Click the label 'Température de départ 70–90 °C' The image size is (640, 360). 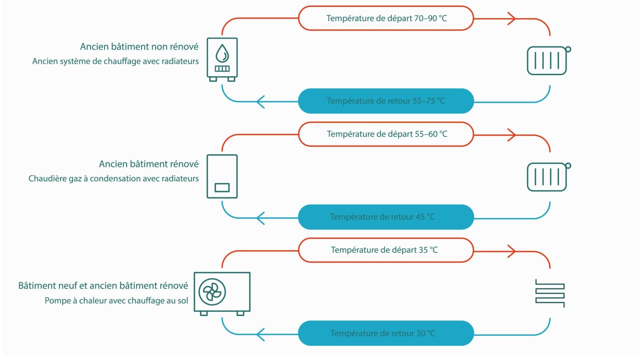pyautogui.click(x=387, y=18)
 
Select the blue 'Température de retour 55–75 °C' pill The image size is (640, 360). pyautogui.click(x=386, y=101)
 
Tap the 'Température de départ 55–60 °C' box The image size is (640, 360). pyautogui.click(x=386, y=134)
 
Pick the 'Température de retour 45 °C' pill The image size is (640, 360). pyautogui.click(x=386, y=217)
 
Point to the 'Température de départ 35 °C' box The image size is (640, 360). pyautogui.click(x=386, y=250)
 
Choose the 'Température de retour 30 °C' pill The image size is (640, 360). pyautogui.click(x=386, y=333)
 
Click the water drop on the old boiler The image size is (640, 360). pyautogui.click(x=222, y=53)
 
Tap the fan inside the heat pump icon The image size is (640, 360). pyautogui.click(x=212, y=292)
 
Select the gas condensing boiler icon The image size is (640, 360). pyautogui.click(x=222, y=176)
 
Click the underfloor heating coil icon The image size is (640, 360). pyautogui.click(x=550, y=293)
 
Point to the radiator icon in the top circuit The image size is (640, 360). pyautogui.click(x=549, y=60)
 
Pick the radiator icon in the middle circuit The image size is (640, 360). pyautogui.click(x=549, y=177)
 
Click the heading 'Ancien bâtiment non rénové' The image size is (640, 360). pyautogui.click(x=139, y=47)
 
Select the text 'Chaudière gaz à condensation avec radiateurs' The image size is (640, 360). pyautogui.click(x=113, y=179)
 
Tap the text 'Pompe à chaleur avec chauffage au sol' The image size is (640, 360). pyautogui.click(x=116, y=301)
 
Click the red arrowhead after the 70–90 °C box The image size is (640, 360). pyautogui.click(x=512, y=19)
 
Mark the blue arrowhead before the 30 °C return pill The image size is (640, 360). pyautogui.click(x=260, y=335)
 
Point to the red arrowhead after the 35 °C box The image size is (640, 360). pyautogui.click(x=512, y=251)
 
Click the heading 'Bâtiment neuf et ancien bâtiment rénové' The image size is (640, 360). pyautogui.click(x=103, y=286)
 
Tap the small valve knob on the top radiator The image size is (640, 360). pyautogui.click(x=568, y=49)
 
